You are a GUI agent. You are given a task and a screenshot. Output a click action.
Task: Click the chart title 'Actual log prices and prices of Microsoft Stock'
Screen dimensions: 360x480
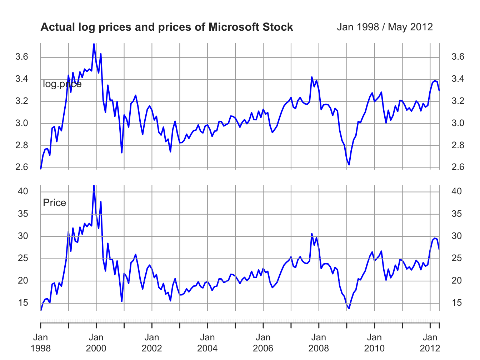[167, 27]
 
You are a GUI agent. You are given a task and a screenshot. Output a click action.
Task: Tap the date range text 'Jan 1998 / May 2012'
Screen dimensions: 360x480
[385, 27]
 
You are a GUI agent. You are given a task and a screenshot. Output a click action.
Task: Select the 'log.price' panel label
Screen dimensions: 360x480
[62, 84]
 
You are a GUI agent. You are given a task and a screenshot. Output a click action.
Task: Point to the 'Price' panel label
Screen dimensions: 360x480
[54, 203]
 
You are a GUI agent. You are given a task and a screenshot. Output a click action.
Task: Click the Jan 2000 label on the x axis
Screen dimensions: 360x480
[96, 342]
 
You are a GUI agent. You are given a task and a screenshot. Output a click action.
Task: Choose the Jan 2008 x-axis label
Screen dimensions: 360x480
[319, 342]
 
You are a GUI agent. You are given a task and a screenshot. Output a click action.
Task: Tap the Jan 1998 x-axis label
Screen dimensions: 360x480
[41, 342]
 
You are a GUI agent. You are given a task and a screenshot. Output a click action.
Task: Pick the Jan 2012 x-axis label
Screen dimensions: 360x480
[430, 342]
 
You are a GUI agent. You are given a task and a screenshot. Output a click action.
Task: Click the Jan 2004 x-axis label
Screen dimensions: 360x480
[207, 342]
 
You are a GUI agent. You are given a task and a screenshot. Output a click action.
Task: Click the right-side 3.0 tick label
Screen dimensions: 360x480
[458, 124]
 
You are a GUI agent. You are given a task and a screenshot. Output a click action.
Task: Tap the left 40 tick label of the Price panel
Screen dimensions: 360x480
[22, 191]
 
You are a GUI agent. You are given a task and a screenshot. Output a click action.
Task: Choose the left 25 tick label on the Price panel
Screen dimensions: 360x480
[22, 259]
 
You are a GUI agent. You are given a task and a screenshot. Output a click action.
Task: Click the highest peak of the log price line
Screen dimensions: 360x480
[94, 44]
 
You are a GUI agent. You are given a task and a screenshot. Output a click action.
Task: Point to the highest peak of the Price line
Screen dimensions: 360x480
[94, 185]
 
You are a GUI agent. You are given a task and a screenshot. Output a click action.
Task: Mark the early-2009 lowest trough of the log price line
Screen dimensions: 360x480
[349, 165]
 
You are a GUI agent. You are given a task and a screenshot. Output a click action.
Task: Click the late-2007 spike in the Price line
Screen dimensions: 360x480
[312, 234]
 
